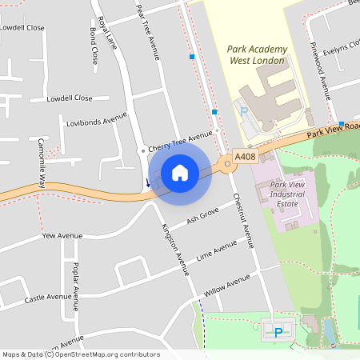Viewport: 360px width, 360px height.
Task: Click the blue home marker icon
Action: point(180,173)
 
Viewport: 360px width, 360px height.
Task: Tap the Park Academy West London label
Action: point(257,54)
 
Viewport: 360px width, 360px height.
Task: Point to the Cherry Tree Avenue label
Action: point(179,141)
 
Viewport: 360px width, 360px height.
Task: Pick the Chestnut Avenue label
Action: point(242,220)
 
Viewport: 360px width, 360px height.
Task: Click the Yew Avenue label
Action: point(62,237)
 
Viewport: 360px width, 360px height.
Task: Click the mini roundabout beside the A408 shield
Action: point(227,165)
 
